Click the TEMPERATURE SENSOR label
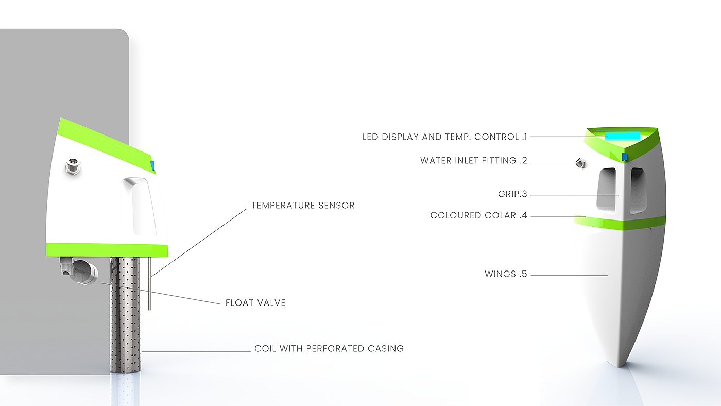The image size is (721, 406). click(303, 206)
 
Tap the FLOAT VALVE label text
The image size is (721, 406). click(255, 303)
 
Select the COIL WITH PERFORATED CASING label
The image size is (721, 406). click(329, 349)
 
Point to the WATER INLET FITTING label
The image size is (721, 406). click(474, 161)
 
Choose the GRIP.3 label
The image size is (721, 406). click(509, 195)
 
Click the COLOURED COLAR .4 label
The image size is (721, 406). click(479, 216)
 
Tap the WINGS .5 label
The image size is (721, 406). click(506, 274)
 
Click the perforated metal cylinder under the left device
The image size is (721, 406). click(125, 314)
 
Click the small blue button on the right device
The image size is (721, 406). click(625, 157)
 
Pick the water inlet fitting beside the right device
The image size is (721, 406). click(580, 163)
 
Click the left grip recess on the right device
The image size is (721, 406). click(606, 189)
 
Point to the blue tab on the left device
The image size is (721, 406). click(152, 165)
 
